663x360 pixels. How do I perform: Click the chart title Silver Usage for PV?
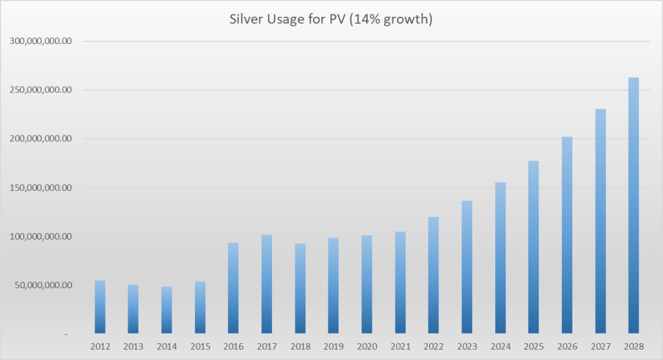(x=331, y=19)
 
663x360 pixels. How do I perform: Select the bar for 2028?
(x=633, y=206)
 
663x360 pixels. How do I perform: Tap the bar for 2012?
(x=100, y=307)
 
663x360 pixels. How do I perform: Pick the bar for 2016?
(x=233, y=288)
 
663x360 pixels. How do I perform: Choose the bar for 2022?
(x=433, y=275)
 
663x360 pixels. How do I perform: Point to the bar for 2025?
(x=534, y=247)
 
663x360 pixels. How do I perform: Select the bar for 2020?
(x=366, y=285)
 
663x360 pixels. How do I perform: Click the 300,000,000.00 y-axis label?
(x=41, y=41)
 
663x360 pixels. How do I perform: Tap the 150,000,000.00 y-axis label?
(x=41, y=188)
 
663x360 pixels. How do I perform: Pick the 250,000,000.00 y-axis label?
(x=41, y=90)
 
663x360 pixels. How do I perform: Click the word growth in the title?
(x=410, y=20)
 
